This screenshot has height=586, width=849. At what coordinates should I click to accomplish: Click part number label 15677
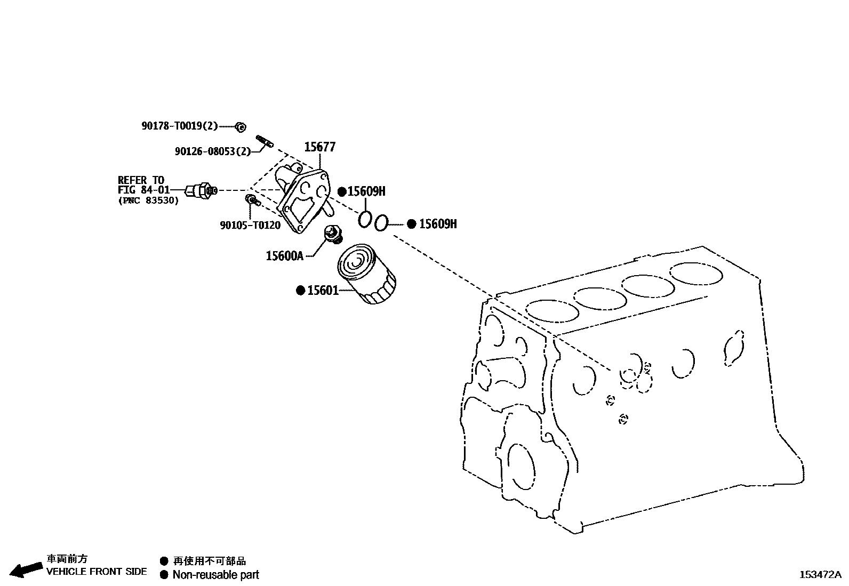click(x=320, y=147)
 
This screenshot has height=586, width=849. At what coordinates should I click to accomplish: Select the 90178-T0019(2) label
click(x=180, y=126)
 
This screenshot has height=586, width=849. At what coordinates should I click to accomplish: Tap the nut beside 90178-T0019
click(x=241, y=127)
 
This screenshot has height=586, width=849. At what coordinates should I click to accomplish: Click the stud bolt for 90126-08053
click(x=265, y=141)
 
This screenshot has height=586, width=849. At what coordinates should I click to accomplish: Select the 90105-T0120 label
click(x=250, y=225)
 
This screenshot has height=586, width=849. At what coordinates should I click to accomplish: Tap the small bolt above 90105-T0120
click(x=251, y=200)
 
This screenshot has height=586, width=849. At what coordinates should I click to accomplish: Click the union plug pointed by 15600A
click(x=334, y=234)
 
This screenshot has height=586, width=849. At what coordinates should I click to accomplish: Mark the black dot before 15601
click(x=301, y=291)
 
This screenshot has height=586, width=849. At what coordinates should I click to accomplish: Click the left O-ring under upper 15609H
click(x=364, y=219)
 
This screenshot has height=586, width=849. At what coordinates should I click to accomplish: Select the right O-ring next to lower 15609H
click(x=380, y=223)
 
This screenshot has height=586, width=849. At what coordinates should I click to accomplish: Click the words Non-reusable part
click(x=215, y=575)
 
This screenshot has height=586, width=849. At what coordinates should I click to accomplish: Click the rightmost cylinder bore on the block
click(x=696, y=274)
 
